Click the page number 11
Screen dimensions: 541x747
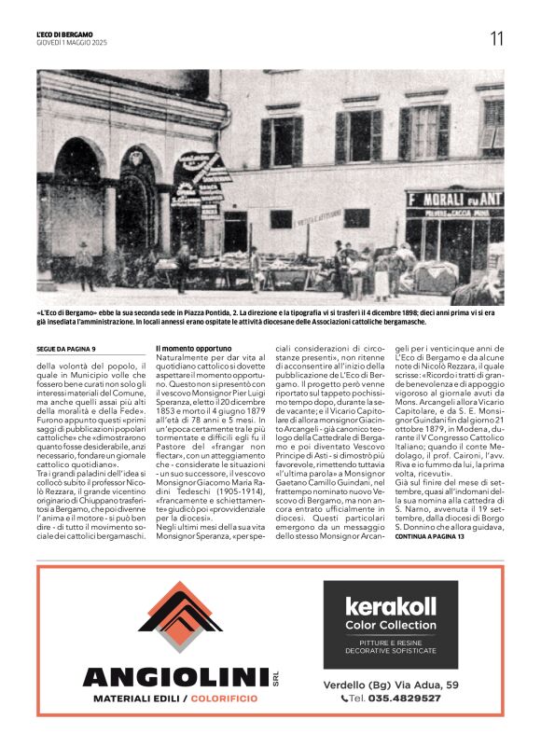tap(496, 38)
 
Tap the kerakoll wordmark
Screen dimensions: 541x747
tap(390, 606)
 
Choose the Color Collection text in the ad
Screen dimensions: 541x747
tap(390, 625)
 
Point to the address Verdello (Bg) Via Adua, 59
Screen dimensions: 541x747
tap(390, 685)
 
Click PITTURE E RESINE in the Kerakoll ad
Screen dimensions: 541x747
tap(390, 642)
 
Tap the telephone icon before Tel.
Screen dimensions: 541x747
tap(344, 698)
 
